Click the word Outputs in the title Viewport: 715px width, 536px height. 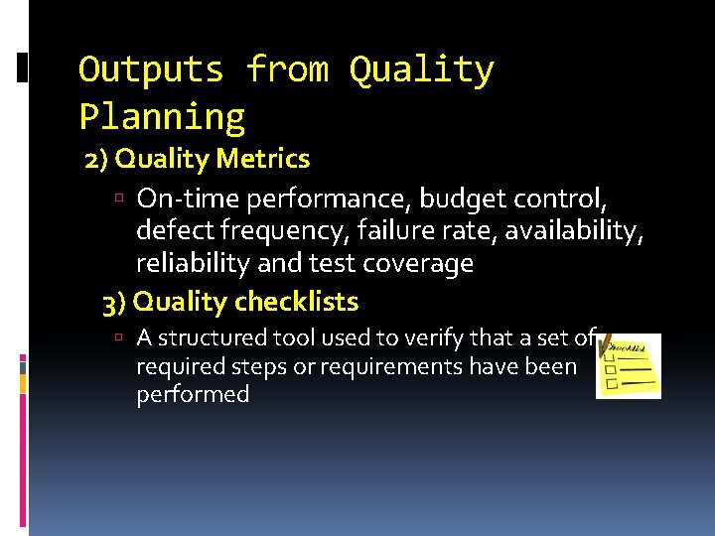152,70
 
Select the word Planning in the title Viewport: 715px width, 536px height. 162,117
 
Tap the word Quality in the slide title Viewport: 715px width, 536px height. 421,70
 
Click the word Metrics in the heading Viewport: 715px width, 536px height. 268,159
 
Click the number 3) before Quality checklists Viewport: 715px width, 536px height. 114,301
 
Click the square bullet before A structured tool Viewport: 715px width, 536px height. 118,339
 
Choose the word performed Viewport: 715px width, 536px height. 193,394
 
